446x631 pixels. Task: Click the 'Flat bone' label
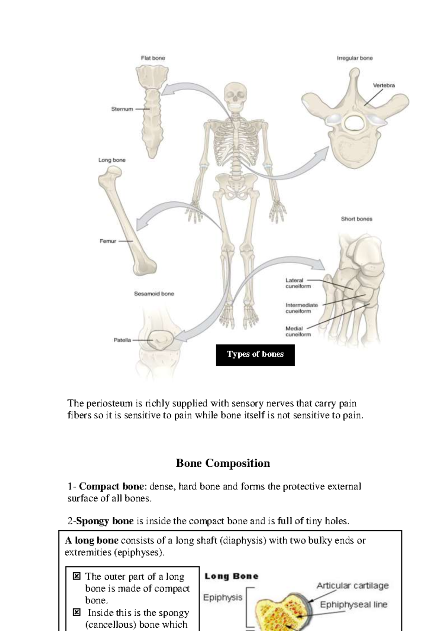(153, 58)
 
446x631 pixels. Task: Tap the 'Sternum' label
(122, 109)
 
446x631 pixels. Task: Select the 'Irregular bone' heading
(355, 58)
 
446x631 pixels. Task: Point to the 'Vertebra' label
(384, 85)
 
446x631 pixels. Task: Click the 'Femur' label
(108, 241)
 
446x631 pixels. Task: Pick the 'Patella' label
(122, 340)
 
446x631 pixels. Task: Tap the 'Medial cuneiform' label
(298, 331)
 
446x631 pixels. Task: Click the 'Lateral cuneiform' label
(298, 283)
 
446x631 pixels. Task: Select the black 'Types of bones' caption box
(255, 355)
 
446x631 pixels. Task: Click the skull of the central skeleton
(236, 94)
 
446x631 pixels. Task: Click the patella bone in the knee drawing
(161, 339)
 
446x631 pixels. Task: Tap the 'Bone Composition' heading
(223, 463)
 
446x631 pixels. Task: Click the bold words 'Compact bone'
(111, 486)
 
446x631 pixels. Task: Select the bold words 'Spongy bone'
(105, 521)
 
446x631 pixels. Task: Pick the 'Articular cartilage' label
(352, 586)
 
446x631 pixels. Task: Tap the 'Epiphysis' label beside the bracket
(223, 598)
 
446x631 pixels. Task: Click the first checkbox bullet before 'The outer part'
(77, 576)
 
